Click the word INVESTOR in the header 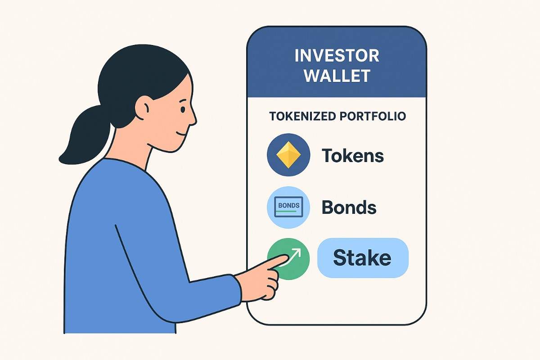pos(337,56)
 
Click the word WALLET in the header pos(337,75)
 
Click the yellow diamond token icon pos(288,155)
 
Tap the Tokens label pos(353,156)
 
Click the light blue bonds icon pos(288,207)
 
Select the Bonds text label pos(349,207)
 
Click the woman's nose pos(193,118)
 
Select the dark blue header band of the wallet pos(337,85)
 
